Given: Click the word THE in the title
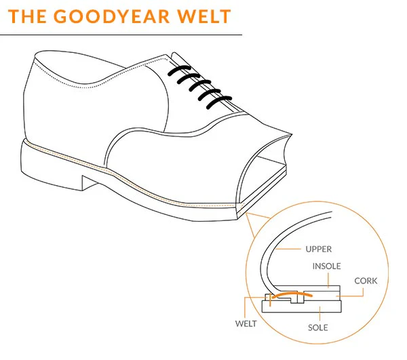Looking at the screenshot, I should (31, 16).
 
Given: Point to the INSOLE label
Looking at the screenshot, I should (326, 266).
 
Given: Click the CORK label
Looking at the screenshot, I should (366, 280).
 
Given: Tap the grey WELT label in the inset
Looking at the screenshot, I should (247, 323).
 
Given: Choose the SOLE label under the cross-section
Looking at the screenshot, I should (317, 328).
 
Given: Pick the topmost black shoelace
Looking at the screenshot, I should (178, 71).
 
